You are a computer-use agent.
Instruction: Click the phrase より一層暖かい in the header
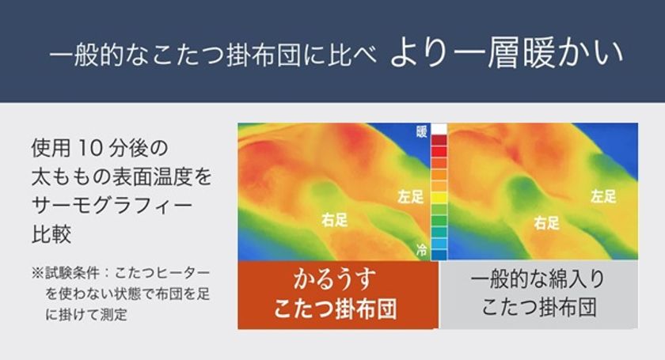pyautogui.click(x=507, y=54)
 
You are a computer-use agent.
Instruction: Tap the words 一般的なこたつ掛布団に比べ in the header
pyautogui.click(x=213, y=55)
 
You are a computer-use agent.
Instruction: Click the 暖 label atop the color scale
pyautogui.click(x=421, y=132)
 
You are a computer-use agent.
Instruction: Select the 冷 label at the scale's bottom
pyautogui.click(x=421, y=250)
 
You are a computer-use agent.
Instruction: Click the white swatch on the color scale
pyautogui.click(x=439, y=129)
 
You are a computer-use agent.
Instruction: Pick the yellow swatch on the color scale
pyautogui.click(x=439, y=198)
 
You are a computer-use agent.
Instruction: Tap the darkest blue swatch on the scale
pyautogui.click(x=439, y=255)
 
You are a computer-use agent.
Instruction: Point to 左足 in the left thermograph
pyautogui.click(x=411, y=196)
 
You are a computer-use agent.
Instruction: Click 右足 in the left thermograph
pyautogui.click(x=334, y=220)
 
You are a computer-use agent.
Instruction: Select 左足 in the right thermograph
pyautogui.click(x=603, y=196)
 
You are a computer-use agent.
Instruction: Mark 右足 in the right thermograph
pyautogui.click(x=547, y=222)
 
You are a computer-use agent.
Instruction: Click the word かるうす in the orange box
pyautogui.click(x=335, y=279)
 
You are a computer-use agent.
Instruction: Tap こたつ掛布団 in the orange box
pyautogui.click(x=335, y=309)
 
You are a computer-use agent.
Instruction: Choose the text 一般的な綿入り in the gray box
pyautogui.click(x=538, y=279)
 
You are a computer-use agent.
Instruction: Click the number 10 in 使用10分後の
pyautogui.click(x=90, y=148)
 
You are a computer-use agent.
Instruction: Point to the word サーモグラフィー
pyautogui.click(x=112, y=205)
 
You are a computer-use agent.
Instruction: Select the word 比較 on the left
pyautogui.click(x=51, y=233)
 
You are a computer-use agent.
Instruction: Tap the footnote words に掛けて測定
pyautogui.click(x=86, y=314)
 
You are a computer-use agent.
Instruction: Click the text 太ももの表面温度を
pyautogui.click(x=121, y=176)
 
